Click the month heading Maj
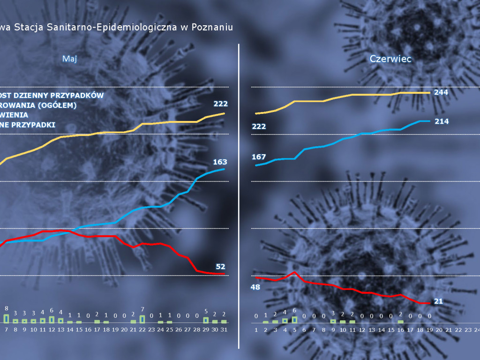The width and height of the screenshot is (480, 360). coord(69,59)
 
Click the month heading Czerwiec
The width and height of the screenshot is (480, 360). coord(390,59)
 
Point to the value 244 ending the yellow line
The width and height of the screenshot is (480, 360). coord(441,92)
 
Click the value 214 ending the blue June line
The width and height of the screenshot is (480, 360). coord(441,121)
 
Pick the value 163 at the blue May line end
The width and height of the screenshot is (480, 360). coord(220,162)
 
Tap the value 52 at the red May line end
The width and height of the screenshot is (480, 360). coord(220,266)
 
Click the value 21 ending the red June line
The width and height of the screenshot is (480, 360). coord(438,301)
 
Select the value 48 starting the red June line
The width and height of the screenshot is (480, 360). coord(255,287)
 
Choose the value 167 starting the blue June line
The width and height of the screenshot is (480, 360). coord(259,157)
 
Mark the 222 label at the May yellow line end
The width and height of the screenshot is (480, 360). coord(220,104)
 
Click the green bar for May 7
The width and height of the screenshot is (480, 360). coord(7,318)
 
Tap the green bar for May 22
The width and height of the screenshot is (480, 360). coord(142,319)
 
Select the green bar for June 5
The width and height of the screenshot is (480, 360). coord(294,320)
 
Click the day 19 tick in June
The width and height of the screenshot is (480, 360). coord(430,330)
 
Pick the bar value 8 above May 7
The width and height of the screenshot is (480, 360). coord(7,308)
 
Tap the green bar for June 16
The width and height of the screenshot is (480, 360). coord(401,322)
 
